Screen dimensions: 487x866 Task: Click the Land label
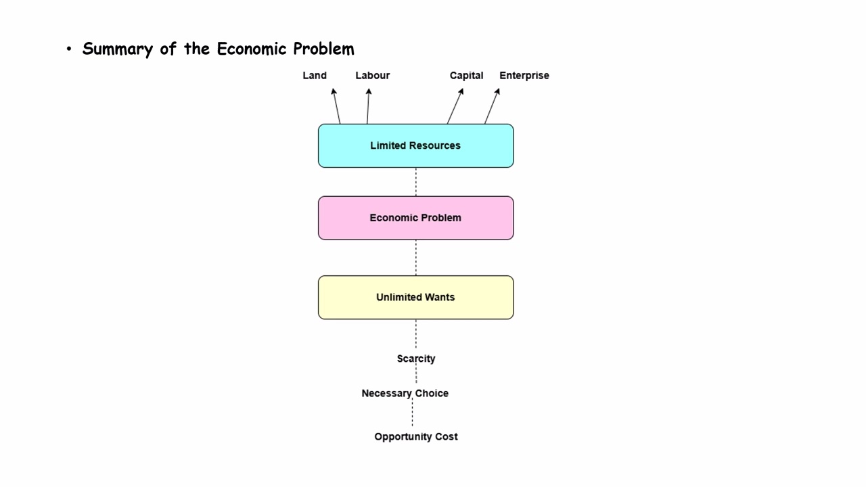(x=315, y=76)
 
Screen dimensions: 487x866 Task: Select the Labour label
(x=373, y=76)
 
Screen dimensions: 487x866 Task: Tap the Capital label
(x=466, y=76)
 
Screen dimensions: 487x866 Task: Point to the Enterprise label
(x=524, y=76)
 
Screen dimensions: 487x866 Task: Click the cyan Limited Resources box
(x=415, y=145)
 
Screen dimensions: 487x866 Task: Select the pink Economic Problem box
(x=415, y=218)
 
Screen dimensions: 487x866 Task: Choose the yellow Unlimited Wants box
(x=415, y=297)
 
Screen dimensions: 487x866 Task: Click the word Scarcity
(x=415, y=358)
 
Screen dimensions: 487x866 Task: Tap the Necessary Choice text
(x=405, y=393)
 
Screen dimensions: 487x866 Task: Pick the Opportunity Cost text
(x=415, y=437)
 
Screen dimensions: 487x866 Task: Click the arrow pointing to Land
(x=336, y=106)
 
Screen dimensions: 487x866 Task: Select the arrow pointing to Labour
(x=368, y=106)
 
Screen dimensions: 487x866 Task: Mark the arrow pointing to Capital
(x=455, y=106)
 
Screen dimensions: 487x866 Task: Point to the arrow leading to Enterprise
(x=492, y=106)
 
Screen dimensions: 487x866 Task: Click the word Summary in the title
(x=117, y=49)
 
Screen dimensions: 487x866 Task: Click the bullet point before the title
(x=68, y=49)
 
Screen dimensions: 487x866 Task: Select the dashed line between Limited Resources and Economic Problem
(x=416, y=182)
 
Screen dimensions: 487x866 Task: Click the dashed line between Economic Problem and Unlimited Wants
(x=416, y=258)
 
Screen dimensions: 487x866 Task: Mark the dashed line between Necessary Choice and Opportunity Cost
(x=412, y=415)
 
